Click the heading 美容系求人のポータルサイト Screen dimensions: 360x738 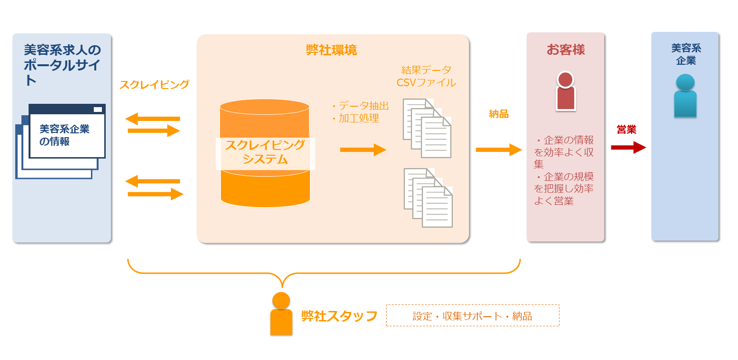coord(62,65)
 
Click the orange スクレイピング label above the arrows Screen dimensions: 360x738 coord(154,85)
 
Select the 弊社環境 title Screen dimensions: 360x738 coord(331,50)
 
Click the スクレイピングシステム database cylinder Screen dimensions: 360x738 coord(265,152)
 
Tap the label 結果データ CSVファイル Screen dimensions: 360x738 coord(426,76)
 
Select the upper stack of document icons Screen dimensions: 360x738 coord(427,128)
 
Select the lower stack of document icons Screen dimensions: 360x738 coord(428,197)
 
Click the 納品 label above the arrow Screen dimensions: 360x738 coord(499,114)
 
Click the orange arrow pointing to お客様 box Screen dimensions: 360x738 coord(499,150)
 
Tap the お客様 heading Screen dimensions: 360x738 coord(565,50)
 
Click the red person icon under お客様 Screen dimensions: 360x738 coord(565,91)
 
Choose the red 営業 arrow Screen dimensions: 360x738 coord(628,148)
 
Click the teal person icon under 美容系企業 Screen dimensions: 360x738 coord(685,96)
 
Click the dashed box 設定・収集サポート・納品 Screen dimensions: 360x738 coord(472,316)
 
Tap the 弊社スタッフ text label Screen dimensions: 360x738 coord(339,316)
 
